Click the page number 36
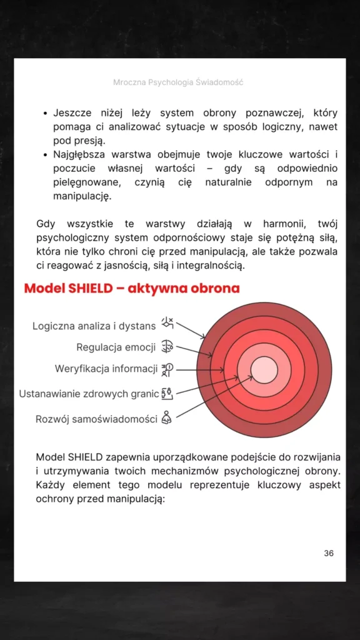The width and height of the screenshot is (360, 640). pos(329,553)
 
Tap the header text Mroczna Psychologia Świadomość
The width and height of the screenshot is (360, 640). pos(178,82)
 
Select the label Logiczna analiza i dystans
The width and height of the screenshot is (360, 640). pos(94,326)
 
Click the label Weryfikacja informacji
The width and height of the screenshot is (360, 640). pos(106,369)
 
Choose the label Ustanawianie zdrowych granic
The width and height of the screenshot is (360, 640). pos(89,394)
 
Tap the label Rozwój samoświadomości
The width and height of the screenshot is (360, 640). pos(96,419)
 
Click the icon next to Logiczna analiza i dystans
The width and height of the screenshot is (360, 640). pos(167,323)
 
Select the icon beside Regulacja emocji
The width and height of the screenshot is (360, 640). pos(167,346)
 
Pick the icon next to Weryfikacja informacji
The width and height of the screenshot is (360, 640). pos(167,369)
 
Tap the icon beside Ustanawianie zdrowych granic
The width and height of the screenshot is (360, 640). pos(167,393)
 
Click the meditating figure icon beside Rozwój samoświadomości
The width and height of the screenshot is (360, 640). pos(166,417)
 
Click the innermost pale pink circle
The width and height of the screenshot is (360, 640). pos(264,369)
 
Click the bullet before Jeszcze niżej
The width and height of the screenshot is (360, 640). pos(45,114)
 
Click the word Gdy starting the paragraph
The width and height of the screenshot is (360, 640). pos(46,224)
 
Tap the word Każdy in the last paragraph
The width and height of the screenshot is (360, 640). pos(49,485)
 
